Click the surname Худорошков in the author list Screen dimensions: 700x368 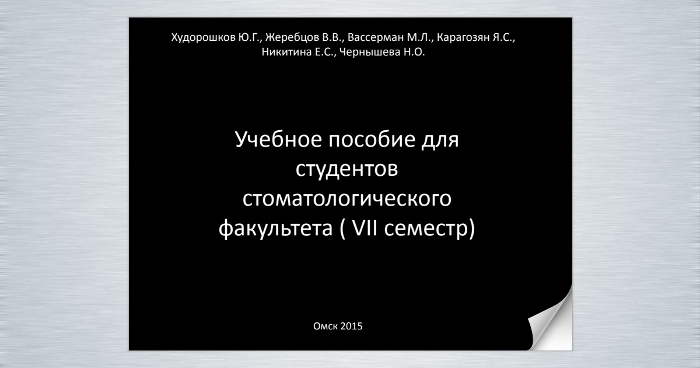(x=204, y=38)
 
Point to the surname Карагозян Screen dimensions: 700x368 (x=463, y=38)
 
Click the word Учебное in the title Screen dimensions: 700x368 (x=278, y=139)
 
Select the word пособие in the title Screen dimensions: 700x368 (x=372, y=139)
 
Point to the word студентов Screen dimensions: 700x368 (x=346, y=169)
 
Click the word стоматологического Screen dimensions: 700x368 (x=347, y=199)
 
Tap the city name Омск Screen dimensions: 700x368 (x=325, y=326)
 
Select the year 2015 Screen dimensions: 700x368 (x=351, y=326)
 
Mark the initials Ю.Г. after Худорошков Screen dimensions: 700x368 (x=249, y=37)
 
